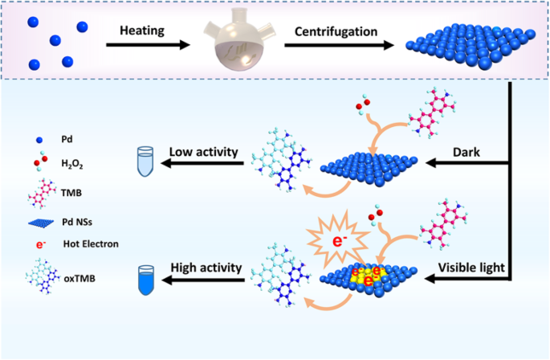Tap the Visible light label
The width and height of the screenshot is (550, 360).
471,266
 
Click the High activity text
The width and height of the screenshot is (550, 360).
206,267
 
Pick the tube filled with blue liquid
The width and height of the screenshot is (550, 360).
147,277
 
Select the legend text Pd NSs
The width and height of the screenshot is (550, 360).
77,215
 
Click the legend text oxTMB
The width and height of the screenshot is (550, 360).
76,279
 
